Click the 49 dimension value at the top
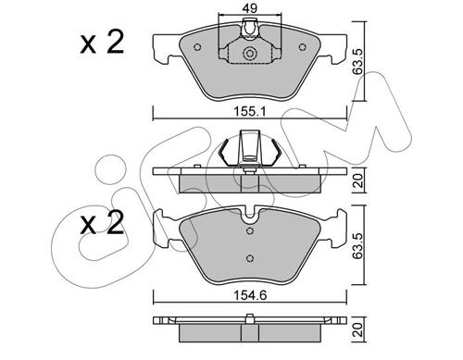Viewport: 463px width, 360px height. coord(250,8)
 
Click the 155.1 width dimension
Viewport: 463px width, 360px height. coord(249,111)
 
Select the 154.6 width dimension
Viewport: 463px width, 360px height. coord(250,296)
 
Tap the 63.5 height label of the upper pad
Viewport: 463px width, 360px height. coord(358,61)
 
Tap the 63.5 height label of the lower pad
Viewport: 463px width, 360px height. coord(358,245)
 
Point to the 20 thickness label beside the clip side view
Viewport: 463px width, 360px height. coord(358,180)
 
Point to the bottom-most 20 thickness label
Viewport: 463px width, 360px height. coord(358,329)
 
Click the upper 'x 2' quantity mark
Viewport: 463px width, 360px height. coord(102,43)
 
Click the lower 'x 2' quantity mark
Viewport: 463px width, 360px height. coord(102,223)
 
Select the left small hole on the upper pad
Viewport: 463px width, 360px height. coord(197,47)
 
